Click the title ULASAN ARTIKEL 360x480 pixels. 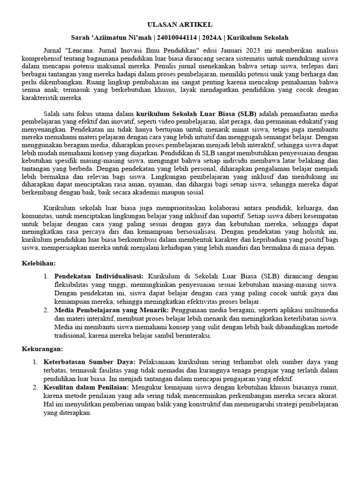point(180,24)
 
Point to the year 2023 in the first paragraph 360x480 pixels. point(266,50)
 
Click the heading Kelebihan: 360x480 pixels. point(39,264)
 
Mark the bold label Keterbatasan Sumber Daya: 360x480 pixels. point(90,362)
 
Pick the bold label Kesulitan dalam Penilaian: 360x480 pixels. point(87,388)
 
